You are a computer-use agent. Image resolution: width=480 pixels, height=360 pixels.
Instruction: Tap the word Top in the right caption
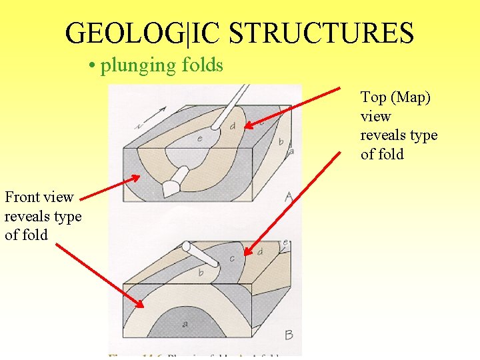[373, 97]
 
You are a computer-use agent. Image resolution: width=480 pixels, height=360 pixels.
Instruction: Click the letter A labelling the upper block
[289, 197]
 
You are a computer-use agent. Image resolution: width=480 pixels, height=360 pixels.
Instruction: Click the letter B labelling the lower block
[289, 334]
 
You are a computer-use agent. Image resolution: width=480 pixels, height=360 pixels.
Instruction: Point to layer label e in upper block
[200, 138]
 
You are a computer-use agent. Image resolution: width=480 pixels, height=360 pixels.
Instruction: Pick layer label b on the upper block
[281, 141]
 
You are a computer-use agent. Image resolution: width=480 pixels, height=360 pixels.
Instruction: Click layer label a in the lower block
[185, 324]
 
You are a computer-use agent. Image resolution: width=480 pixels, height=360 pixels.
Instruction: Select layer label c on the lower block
[232, 259]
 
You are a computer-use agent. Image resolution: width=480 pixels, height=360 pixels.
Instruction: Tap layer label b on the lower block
[200, 273]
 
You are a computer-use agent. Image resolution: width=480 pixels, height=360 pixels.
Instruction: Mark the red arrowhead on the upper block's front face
[137, 178]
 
